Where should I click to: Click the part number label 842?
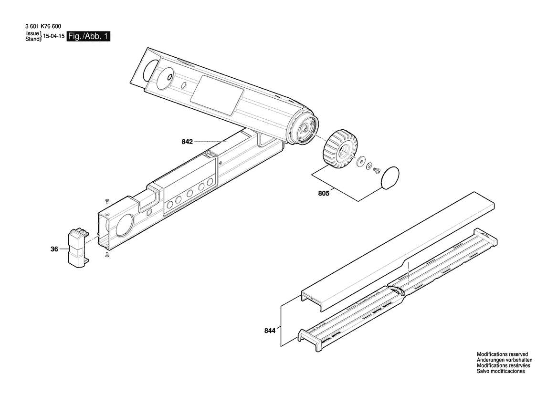[x=187, y=142]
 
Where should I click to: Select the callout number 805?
[x=324, y=194]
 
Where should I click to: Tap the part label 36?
[x=54, y=249]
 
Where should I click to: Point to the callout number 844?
[x=270, y=331]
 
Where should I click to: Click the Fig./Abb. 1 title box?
[x=89, y=36]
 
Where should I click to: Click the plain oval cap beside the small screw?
[x=390, y=177]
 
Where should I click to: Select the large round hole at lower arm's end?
[x=124, y=227]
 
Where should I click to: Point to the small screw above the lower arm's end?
[x=106, y=200]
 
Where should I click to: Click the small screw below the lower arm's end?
[x=107, y=255]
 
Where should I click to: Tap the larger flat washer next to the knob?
[x=361, y=161]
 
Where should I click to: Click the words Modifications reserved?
[x=502, y=354]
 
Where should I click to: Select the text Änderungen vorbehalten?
[x=504, y=360]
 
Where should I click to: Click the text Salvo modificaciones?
[x=501, y=371]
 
